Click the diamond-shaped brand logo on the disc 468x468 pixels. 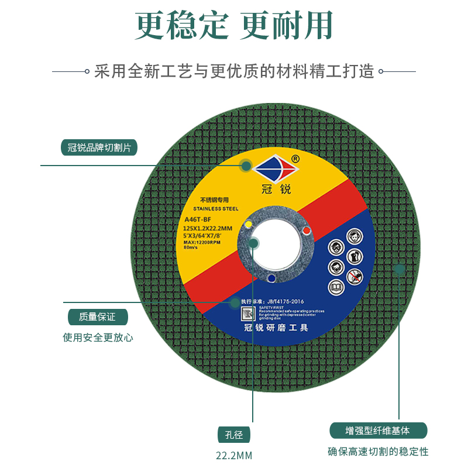[x=274, y=169]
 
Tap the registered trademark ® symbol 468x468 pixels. [x=295, y=158]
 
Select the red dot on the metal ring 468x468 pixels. [x=305, y=232]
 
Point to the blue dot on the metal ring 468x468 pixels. [x=271, y=278]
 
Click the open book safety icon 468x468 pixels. [x=336, y=287]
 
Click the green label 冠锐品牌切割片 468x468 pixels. [x=99, y=147]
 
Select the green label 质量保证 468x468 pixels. [x=97, y=317]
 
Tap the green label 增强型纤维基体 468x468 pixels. [x=378, y=431]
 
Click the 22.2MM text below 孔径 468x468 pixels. [x=234, y=455]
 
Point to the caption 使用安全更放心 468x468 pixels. [x=98, y=338]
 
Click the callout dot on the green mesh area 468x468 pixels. [x=400, y=269]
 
